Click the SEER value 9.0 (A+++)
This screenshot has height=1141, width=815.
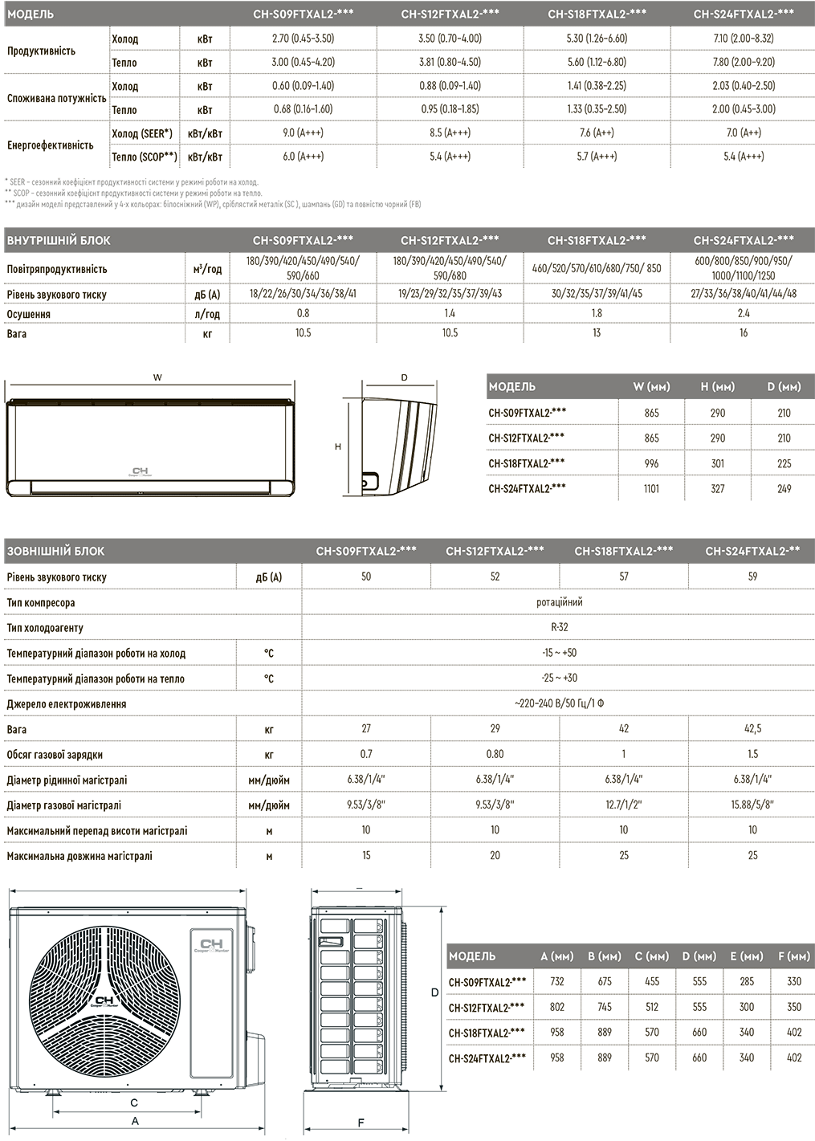303,133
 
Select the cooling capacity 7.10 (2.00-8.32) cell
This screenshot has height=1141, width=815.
744,39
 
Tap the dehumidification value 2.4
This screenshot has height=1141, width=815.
744,313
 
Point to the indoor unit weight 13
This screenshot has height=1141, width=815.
597,332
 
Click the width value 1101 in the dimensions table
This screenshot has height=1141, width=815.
651,488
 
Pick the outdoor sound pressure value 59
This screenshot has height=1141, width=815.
752,577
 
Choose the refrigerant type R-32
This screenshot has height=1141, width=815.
559,627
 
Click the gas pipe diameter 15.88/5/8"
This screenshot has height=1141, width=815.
752,805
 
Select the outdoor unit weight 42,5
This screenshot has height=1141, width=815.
752,729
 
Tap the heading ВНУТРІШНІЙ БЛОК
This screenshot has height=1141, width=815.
59,240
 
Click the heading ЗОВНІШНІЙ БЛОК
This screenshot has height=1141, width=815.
55,552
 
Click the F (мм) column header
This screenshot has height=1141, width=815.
794,956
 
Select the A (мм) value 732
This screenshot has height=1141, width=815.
557,981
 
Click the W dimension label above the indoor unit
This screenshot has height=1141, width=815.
157,377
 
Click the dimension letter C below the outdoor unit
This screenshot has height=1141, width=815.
134,1102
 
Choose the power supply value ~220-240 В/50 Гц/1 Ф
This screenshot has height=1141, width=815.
559,703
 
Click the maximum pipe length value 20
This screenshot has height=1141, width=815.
495,855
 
